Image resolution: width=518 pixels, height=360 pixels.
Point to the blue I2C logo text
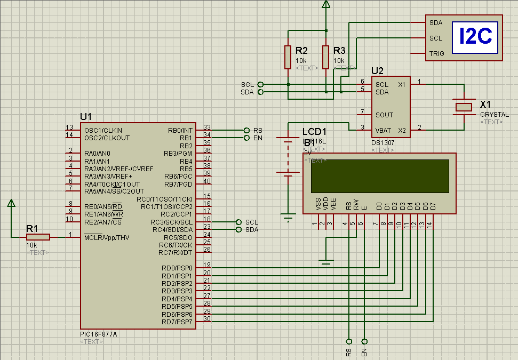pyautogui.click(x=475, y=37)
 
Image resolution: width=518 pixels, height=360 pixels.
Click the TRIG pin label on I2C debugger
pyautogui.click(x=436, y=53)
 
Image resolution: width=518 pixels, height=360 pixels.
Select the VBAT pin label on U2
pyautogui.click(x=383, y=130)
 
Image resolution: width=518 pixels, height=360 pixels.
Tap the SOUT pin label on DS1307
pyautogui.click(x=384, y=115)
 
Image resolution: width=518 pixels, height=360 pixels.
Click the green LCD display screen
pyautogui.click(x=379, y=176)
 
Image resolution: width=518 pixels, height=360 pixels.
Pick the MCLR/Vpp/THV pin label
pyautogui.click(x=106, y=237)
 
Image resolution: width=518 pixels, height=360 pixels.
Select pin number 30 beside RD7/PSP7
pyautogui.click(x=207, y=319)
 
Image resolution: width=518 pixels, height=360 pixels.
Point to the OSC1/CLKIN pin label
pyautogui.click(x=103, y=130)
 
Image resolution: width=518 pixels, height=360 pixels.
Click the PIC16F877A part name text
pyautogui.click(x=98, y=334)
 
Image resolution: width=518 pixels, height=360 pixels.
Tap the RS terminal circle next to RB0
pyautogui.click(x=246, y=130)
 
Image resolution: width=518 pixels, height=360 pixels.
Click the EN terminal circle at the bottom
pyautogui.click(x=365, y=341)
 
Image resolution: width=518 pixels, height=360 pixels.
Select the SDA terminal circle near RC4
pyautogui.click(x=238, y=230)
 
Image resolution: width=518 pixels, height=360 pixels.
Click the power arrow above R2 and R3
pyautogui.click(x=326, y=5)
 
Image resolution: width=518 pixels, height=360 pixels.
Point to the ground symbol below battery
pyautogui.click(x=288, y=217)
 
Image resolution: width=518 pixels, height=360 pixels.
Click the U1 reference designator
pyautogui.click(x=86, y=117)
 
